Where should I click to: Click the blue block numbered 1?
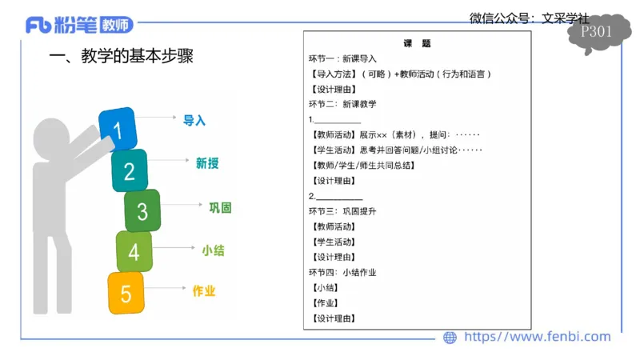point(118,129)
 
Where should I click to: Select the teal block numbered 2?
point(130,170)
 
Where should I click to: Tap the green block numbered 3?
point(142,211)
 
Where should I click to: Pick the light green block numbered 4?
point(134,252)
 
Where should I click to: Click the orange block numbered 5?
point(126,294)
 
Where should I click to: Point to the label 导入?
point(194,120)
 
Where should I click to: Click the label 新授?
point(207,163)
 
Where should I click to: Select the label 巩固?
point(220,208)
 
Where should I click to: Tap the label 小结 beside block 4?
point(213,250)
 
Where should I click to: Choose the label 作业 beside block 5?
point(204,291)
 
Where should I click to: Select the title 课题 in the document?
point(417,43)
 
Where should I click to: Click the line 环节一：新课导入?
point(342,58)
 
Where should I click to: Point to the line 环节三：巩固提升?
point(342,211)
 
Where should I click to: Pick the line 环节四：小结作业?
point(342,272)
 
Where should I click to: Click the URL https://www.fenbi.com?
point(537,337)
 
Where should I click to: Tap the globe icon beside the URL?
point(450,338)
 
